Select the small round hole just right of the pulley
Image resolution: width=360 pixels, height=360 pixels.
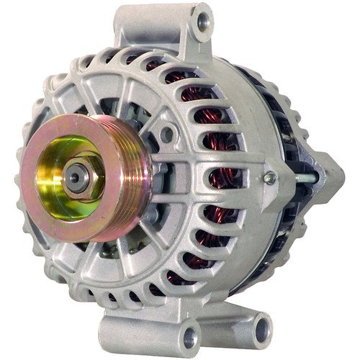coord(167,134)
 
